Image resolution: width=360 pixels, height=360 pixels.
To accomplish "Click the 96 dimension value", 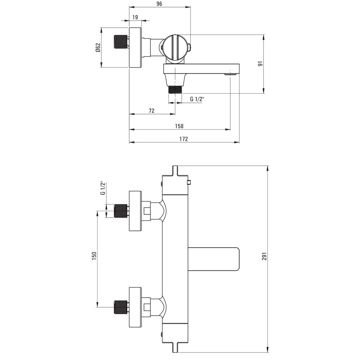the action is click(159, 4).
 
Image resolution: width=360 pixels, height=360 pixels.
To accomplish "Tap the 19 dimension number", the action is click(135, 17).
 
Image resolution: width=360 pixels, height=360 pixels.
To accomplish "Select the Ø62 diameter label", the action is click(98, 48).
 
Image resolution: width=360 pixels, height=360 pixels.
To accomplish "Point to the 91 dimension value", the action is click(260, 64).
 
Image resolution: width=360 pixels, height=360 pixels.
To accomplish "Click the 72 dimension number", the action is click(152, 111).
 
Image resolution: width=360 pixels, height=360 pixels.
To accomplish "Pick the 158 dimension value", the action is click(179, 126).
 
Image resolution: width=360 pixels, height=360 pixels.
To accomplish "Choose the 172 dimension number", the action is click(184, 139).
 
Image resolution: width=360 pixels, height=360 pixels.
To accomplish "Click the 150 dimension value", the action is click(94, 256).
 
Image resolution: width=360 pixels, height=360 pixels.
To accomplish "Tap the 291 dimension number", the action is click(264, 256).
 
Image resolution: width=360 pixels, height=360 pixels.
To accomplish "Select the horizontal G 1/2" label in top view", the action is click(197, 99).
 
